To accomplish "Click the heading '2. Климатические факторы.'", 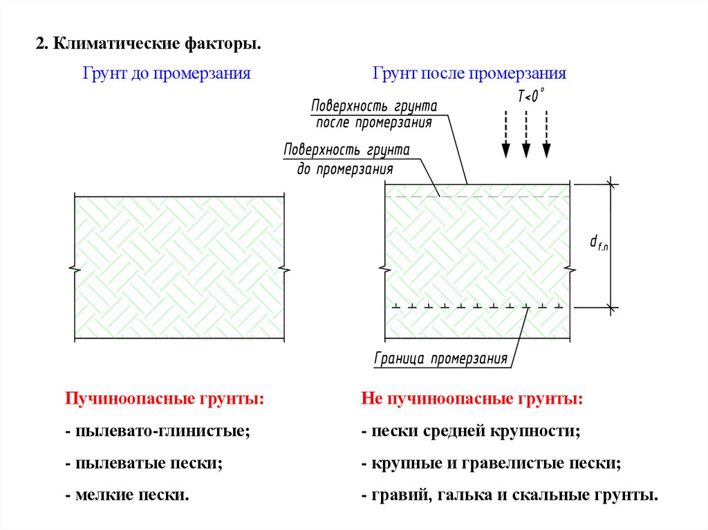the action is pyautogui.click(x=149, y=45).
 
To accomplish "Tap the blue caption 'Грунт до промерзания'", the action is pyautogui.click(x=167, y=73).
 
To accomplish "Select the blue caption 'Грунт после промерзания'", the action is pyautogui.click(x=469, y=73).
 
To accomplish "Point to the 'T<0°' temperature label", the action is pyautogui.click(x=530, y=97).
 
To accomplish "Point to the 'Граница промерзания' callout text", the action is pyautogui.click(x=441, y=359).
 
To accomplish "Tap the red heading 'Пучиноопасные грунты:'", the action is pyautogui.click(x=165, y=399).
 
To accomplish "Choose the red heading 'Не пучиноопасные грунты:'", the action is pyautogui.click(x=472, y=399).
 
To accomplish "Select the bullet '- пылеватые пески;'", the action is pyautogui.click(x=144, y=464).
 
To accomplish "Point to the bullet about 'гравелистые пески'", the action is pyautogui.click(x=491, y=464).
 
